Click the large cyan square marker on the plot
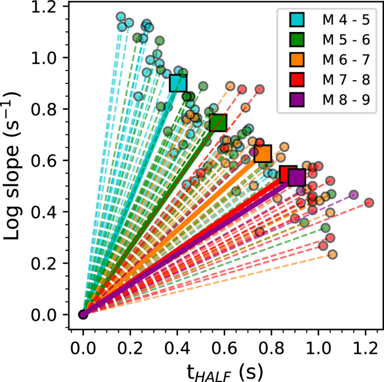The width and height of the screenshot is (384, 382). [178, 83]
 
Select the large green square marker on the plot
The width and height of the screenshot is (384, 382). [218, 123]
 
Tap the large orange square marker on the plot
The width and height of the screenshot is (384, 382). [262, 153]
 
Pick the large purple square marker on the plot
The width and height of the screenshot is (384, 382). [297, 177]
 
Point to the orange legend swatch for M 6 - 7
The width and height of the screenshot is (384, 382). [297, 60]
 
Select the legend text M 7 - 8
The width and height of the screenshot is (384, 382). [345, 80]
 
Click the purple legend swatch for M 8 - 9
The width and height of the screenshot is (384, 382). [297, 100]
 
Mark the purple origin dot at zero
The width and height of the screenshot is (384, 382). [84, 314]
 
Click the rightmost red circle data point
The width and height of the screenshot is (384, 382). [369, 203]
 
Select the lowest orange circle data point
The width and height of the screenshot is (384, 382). [332, 254]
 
